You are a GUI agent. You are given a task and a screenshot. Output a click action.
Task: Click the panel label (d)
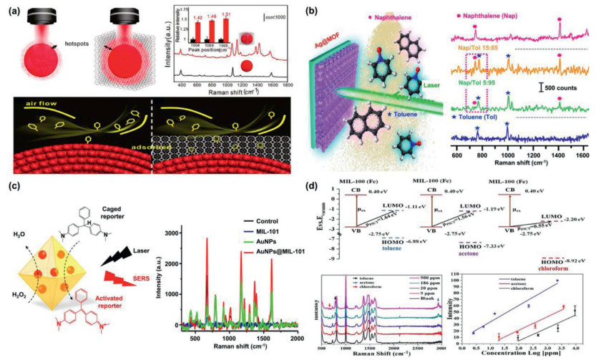[317, 188]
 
